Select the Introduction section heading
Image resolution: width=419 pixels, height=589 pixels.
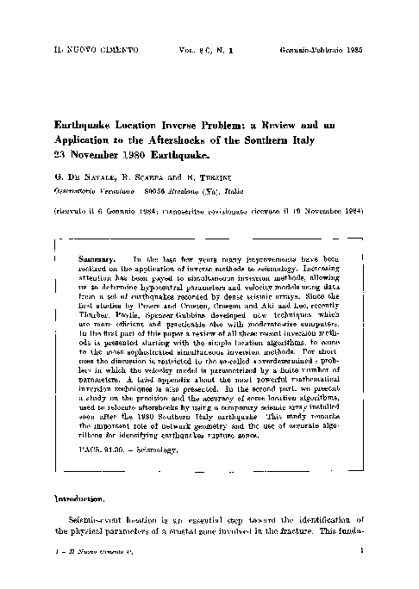[79, 499]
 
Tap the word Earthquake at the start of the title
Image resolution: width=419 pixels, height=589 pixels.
[89, 124]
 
